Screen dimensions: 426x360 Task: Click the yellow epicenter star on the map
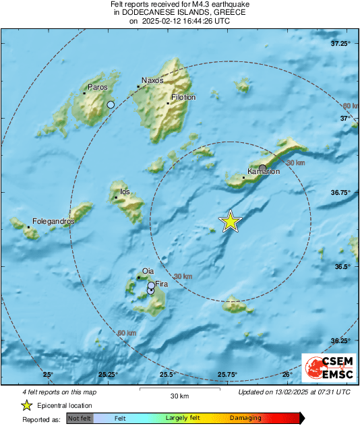(231, 221)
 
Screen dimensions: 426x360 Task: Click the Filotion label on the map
(183, 97)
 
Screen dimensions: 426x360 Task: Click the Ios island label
(124, 192)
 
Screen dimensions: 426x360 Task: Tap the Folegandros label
(53, 221)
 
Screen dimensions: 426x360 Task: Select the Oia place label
(148, 271)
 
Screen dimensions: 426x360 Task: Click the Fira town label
(161, 284)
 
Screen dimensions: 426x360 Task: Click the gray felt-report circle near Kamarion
(263, 167)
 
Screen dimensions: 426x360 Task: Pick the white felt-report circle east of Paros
(111, 104)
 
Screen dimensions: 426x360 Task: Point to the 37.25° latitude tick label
(341, 44)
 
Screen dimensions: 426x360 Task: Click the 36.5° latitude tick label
(342, 267)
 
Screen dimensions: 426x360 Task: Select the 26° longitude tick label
(287, 375)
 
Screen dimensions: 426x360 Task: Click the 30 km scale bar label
(179, 395)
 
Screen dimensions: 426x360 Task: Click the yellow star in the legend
(26, 405)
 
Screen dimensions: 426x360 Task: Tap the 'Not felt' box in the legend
(80, 419)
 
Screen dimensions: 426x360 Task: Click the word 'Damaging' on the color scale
(245, 419)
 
